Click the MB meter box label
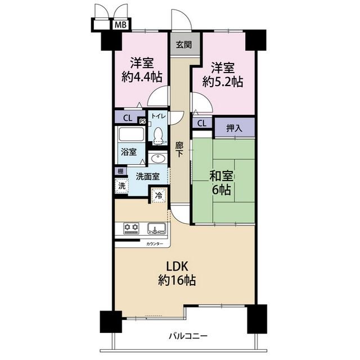[120, 25]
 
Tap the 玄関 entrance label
[184, 44]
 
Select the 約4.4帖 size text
[142, 77]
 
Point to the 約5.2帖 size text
[223, 82]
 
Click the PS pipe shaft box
[142, 121]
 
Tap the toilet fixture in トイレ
[157, 136]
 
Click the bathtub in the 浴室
[131, 134]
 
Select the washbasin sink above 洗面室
[157, 158]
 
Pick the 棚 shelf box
[120, 171]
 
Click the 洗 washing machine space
[121, 186]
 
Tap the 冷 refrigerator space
[159, 195]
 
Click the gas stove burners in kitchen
[131, 228]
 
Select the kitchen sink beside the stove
[157, 228]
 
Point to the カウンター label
[155, 244]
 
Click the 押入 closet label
[235, 128]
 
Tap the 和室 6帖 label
[222, 183]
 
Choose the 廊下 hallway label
[179, 150]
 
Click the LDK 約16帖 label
[177, 274]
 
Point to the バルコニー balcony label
[188, 336]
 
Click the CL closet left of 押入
[202, 124]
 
